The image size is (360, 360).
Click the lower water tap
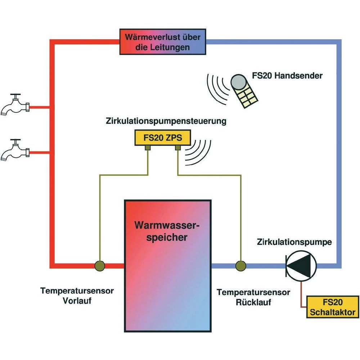[15, 150]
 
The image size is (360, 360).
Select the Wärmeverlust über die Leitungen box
[162, 42]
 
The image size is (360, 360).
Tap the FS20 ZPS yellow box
[162, 137]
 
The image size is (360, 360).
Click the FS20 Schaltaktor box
[332, 307]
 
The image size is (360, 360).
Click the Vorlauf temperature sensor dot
[100, 266]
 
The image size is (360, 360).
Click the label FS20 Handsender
[287, 76]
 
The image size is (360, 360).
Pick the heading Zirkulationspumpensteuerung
[166, 121]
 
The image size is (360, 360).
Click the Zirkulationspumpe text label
[294, 242]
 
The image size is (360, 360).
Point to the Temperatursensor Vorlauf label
[77, 295]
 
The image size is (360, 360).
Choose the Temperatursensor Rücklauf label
[253, 297]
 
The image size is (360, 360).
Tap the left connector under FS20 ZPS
[148, 148]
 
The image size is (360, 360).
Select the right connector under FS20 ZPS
[177, 148]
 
